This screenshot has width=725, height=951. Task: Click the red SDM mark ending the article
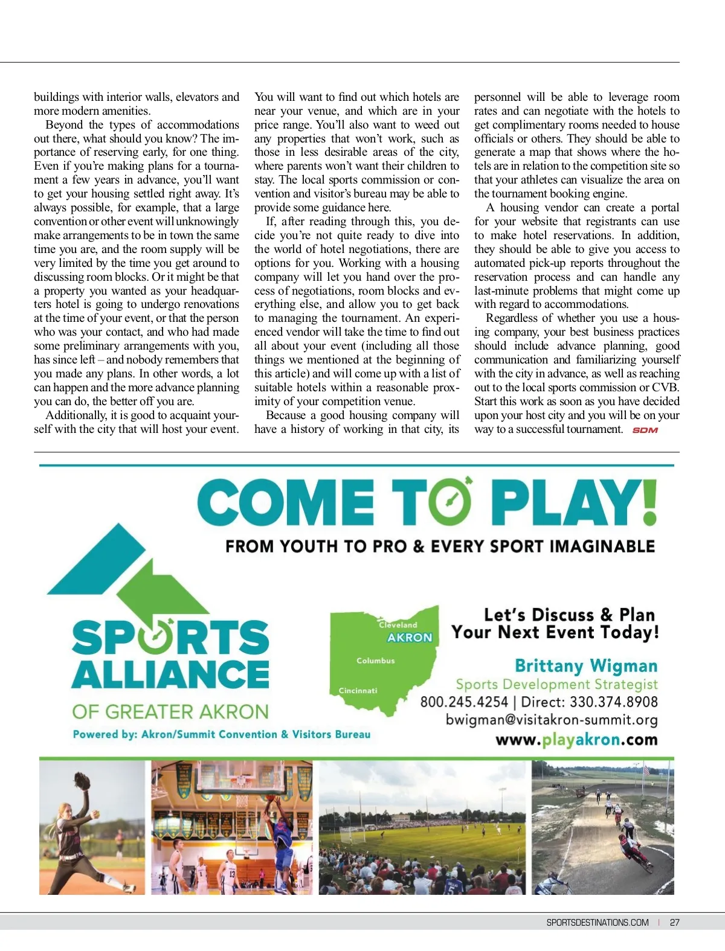[x=645, y=430]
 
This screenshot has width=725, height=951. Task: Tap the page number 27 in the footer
[x=674, y=922]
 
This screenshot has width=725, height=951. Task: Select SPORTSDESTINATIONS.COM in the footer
[x=597, y=922]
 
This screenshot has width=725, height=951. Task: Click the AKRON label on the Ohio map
[x=410, y=638]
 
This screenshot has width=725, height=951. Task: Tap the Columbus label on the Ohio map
[x=375, y=661]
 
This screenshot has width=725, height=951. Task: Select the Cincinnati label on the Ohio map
[x=358, y=690]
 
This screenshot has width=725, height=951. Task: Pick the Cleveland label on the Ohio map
[x=398, y=624]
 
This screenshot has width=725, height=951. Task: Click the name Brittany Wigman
[x=585, y=665]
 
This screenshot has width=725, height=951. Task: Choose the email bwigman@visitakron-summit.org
[x=551, y=720]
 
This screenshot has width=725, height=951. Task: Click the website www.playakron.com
[x=576, y=740]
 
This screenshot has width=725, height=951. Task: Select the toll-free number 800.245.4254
[x=464, y=702]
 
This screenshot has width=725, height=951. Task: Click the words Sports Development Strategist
[x=556, y=684]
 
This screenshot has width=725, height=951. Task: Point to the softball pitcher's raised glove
[x=82, y=781]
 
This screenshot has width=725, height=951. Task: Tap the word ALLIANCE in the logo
[x=170, y=674]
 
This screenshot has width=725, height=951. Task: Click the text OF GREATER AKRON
[x=170, y=711]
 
